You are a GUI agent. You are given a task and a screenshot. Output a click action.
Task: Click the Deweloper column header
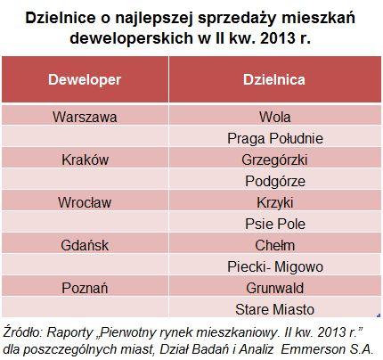click(85, 79)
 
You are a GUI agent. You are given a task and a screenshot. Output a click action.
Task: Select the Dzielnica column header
click(274, 79)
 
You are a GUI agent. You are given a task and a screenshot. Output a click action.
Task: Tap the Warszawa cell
click(85, 117)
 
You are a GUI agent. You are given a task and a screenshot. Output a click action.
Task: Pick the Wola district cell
click(274, 117)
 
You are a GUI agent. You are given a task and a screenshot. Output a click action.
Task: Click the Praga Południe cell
click(275, 138)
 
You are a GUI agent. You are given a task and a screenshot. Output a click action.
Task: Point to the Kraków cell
click(85, 160)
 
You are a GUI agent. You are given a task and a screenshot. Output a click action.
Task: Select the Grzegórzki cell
click(274, 160)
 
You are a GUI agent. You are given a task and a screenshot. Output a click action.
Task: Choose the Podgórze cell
click(275, 181)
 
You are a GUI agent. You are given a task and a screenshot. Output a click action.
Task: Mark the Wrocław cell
click(85, 202)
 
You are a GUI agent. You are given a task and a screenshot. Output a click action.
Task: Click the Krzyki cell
click(274, 203)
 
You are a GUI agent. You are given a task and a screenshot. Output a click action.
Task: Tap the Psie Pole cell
click(275, 224)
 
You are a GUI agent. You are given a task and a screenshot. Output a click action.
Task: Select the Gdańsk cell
click(85, 245)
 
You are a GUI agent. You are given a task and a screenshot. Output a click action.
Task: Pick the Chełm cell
click(274, 245)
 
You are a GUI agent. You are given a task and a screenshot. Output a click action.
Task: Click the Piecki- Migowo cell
click(275, 266)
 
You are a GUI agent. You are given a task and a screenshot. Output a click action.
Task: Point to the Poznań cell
click(85, 288)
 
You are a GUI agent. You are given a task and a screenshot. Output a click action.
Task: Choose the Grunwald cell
click(274, 288)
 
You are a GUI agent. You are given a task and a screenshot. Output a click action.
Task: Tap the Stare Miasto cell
click(274, 309)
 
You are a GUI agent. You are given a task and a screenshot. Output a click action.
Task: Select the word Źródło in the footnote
click(22, 332)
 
